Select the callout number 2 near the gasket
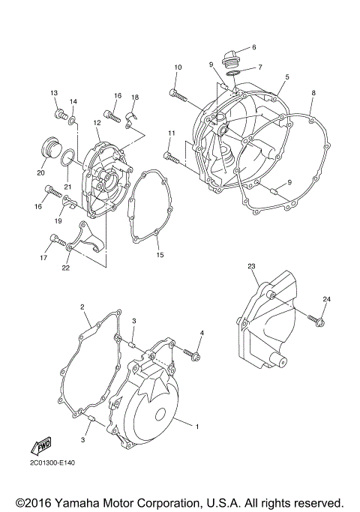82,307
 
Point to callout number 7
259,67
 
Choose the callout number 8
313,93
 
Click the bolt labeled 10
174,94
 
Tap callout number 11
171,133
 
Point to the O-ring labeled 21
67,158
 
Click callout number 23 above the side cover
251,265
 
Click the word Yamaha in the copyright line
77,502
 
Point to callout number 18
135,97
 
